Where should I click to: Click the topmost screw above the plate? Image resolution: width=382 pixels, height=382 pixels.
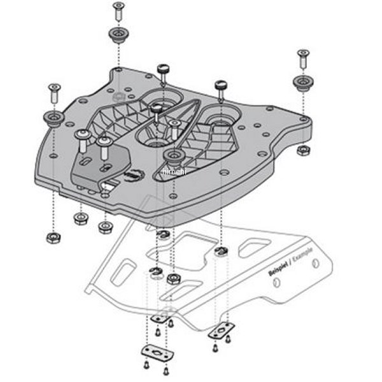click(118, 10)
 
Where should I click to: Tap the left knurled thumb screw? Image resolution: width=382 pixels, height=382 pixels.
click(162, 69)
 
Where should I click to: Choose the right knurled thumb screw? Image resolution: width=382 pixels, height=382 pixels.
click(222, 85)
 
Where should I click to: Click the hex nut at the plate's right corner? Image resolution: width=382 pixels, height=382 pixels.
click(304, 150)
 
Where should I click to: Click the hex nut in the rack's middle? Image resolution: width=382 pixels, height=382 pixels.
click(173, 278)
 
